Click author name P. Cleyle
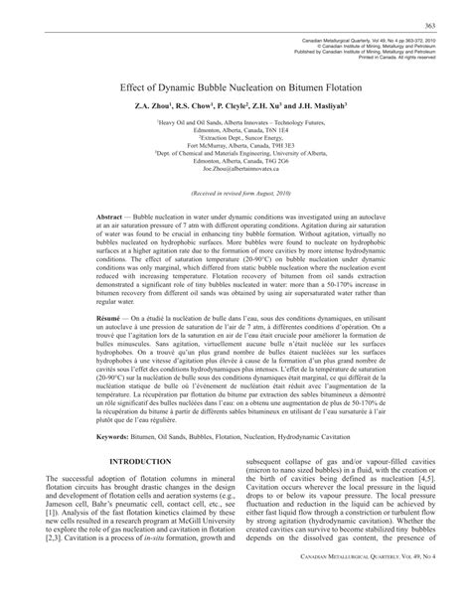(243, 104)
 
